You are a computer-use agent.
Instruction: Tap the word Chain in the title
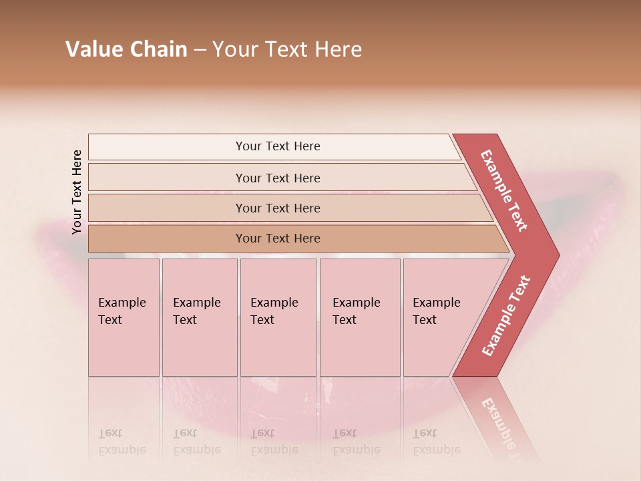coord(158,49)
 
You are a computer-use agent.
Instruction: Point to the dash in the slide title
coord(200,49)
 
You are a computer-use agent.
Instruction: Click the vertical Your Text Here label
coord(77,192)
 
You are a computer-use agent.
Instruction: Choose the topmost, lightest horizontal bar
coord(274,147)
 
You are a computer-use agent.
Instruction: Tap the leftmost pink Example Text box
coord(124,317)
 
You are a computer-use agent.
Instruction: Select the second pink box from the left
coord(199,317)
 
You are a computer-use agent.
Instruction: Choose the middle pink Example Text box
coord(278,317)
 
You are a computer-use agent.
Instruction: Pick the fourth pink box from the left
coord(359,317)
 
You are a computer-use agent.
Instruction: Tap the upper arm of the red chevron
coord(504,190)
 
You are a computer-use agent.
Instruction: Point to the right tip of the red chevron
coord(556,255)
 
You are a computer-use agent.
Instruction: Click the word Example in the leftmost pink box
coord(122,303)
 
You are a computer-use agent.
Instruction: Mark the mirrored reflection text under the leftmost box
coord(122,442)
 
